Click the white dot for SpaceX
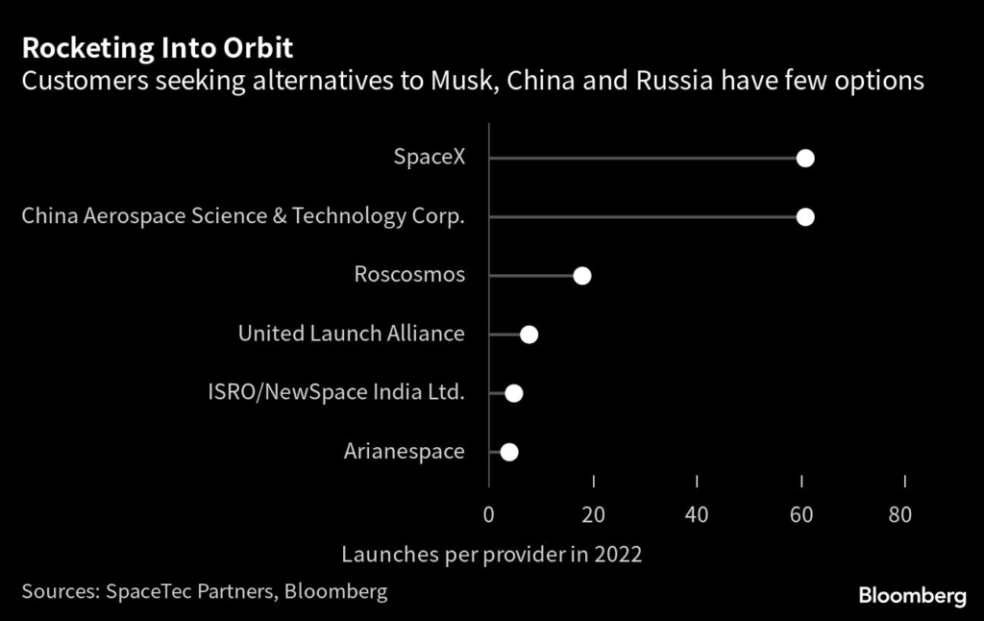pos(805,159)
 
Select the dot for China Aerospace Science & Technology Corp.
pos(805,217)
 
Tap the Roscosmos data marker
pos(581,276)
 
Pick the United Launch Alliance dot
pos(529,335)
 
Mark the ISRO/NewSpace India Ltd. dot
pos(514,393)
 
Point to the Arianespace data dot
pos(508,452)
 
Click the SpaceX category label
pos(429,158)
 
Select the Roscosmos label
pos(409,275)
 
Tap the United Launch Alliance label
pos(351,334)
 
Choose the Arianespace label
pos(404,451)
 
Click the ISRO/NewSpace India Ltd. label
pos(336,392)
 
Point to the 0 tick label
pos(489,515)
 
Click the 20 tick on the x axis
pos(594,515)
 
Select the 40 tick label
pos(698,515)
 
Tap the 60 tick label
pos(801,515)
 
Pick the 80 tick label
pos(900,515)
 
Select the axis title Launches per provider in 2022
pos(491,555)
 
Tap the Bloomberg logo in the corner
pos(912,597)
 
